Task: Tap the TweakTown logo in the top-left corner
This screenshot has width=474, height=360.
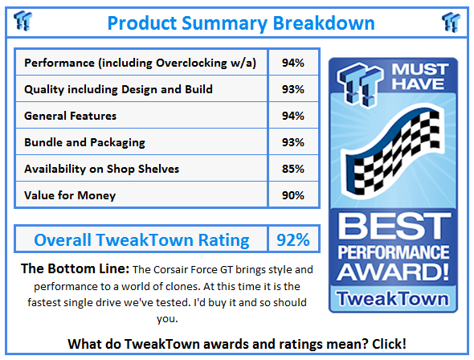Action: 23,21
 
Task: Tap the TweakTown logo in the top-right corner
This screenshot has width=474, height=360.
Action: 451,21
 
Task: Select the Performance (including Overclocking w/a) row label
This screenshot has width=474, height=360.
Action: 141,63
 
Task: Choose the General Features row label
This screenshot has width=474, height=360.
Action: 71,116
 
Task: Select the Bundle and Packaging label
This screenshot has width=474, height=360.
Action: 84,142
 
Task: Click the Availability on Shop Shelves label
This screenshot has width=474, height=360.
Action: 102,169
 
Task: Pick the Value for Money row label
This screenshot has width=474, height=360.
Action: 70,195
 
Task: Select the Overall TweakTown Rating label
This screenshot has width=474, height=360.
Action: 141,239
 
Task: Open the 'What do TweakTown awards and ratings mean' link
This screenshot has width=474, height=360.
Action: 237,344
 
